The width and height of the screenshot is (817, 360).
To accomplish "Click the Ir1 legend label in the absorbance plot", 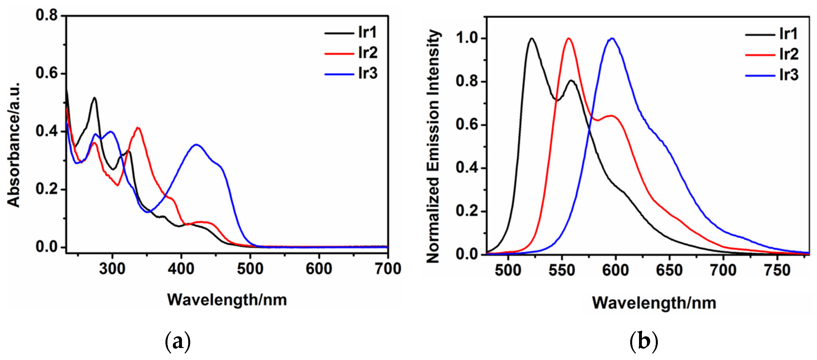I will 367,32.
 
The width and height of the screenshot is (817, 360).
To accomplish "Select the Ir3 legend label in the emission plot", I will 789,75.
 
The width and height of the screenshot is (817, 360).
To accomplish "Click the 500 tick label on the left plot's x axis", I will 250,269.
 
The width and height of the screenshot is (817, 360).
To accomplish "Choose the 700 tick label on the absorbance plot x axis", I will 388,269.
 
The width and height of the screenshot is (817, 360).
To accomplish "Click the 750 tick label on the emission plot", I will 777,271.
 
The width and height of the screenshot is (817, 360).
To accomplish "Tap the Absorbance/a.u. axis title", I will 14,145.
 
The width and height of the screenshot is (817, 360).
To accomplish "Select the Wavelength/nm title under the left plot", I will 227,300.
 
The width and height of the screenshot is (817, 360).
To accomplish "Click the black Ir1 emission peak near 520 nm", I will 532,38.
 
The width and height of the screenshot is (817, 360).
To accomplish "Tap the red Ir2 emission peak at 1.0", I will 569,38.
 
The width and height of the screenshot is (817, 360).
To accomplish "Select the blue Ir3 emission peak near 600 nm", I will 613,38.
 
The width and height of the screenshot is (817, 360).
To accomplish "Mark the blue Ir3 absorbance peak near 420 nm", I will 197,145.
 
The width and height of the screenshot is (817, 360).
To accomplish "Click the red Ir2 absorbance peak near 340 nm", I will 138,128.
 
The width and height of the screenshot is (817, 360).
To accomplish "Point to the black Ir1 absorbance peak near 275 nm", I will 95,98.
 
